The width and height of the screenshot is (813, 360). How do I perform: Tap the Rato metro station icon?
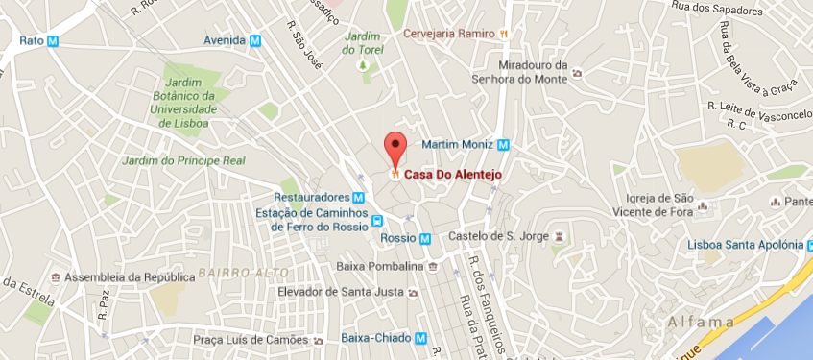54,41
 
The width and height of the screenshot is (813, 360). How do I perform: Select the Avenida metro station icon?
254,41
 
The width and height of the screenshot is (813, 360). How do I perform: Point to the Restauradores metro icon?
358,197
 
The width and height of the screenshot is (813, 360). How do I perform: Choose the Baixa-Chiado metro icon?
422,338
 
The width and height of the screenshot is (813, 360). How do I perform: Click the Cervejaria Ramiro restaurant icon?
503,33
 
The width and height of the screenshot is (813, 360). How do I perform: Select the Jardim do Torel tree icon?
363,65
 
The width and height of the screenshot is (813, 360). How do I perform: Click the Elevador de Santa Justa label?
339,292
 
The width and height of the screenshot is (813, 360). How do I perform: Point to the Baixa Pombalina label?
381,266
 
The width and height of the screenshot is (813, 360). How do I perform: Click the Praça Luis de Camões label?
250,340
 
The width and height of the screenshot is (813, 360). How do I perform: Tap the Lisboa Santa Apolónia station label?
743,245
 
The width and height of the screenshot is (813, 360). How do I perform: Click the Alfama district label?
703,322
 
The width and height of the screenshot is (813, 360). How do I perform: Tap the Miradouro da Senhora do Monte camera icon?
575,73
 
